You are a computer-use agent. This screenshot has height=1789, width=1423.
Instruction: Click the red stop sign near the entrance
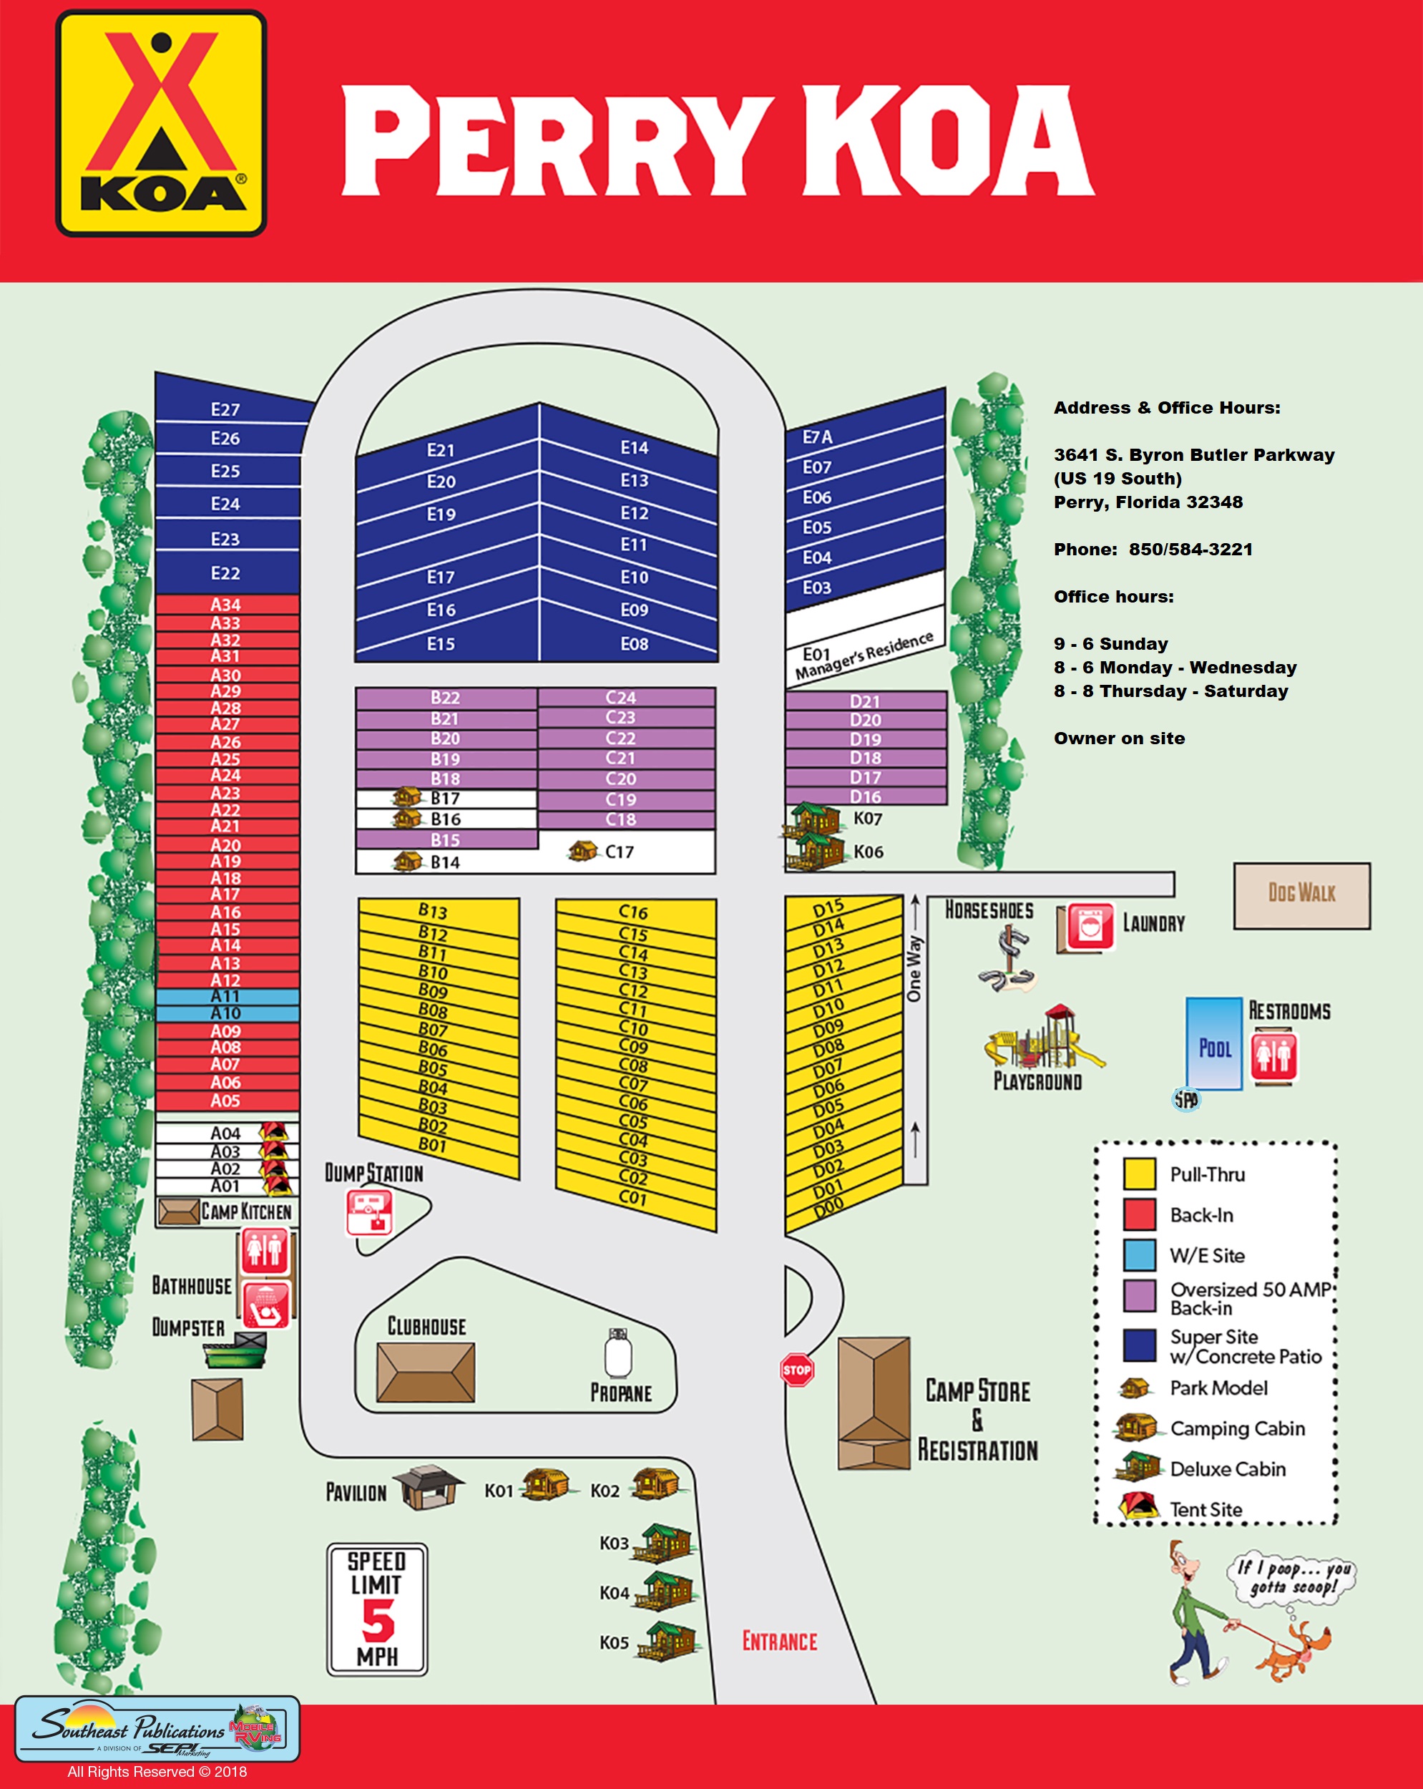796,1369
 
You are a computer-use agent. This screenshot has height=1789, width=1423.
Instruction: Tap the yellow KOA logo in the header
161,123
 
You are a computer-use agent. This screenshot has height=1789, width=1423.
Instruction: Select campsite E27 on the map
225,409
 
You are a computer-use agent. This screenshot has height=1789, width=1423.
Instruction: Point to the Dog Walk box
1301,894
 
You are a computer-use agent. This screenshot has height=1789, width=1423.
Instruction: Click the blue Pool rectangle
1213,1044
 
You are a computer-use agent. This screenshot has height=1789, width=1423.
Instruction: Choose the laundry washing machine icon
1090,926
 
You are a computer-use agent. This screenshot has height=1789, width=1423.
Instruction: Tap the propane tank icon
619,1353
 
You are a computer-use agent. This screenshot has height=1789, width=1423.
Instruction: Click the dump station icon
368,1213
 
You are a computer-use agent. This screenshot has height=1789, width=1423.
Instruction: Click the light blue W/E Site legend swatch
1138,1254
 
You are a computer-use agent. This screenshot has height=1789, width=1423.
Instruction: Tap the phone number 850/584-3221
1190,550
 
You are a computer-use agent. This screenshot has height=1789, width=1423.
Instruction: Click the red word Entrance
779,1642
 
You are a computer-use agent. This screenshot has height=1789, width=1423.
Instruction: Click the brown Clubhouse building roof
426,1372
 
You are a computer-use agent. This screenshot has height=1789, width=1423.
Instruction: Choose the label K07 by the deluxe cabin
867,819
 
